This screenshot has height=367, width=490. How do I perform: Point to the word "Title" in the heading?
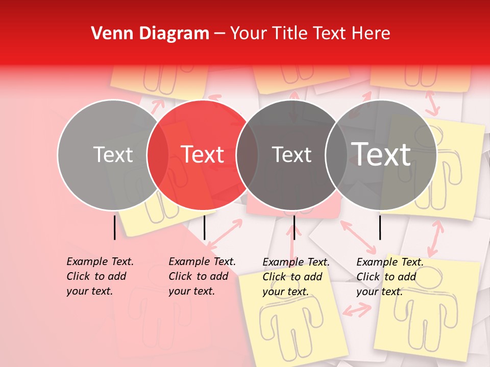(x=292, y=34)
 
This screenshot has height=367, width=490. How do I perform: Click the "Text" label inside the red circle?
(x=203, y=154)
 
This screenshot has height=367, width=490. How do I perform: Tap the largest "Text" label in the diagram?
(x=381, y=154)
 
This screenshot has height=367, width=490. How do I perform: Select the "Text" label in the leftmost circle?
(x=113, y=154)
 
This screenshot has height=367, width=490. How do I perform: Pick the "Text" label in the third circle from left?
(x=291, y=154)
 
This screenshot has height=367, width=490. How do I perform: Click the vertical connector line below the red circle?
(x=204, y=227)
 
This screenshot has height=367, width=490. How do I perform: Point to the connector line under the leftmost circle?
(x=114, y=227)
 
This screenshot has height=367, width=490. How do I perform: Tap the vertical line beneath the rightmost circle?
(x=380, y=227)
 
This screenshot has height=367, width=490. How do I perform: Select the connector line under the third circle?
(x=294, y=227)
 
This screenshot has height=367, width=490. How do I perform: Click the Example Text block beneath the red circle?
(x=202, y=276)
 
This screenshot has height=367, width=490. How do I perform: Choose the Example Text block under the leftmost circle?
(x=100, y=276)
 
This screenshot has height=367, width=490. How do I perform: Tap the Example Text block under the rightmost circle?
(x=390, y=277)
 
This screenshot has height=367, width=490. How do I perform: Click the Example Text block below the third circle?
(x=296, y=277)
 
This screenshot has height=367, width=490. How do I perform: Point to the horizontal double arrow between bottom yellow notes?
(x=357, y=309)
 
